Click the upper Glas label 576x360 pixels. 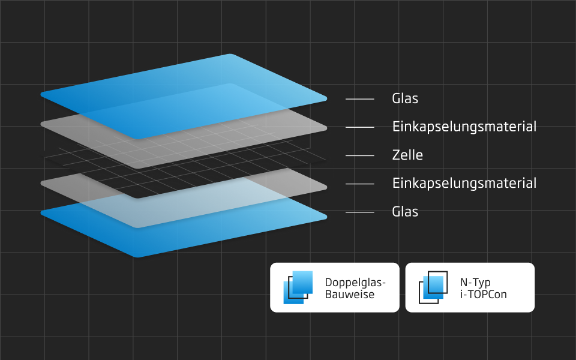pos(405,98)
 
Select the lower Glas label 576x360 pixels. pos(405,212)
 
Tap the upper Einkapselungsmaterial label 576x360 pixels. pos(464,127)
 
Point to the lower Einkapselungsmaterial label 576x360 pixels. pos(464,183)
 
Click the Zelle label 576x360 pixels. pos(407,155)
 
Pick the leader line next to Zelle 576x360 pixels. pos(360,155)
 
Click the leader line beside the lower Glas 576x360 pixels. pos(360,212)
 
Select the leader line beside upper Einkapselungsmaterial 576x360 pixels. pos(360,127)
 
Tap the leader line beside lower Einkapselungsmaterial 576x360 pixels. pos(360,184)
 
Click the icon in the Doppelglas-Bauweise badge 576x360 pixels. pos(298,287)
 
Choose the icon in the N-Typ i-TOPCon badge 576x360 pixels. pos(433,287)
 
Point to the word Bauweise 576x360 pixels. pos(349,295)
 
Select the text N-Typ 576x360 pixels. pos(475,282)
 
